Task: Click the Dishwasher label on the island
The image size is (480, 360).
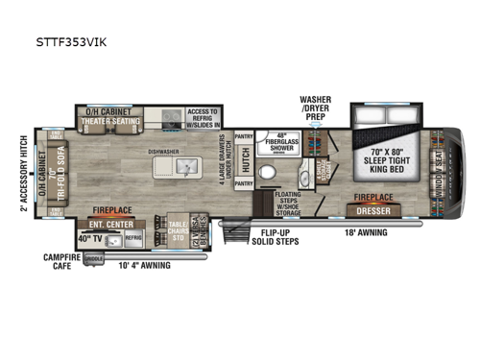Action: pos(165,151)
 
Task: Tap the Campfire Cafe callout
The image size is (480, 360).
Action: pos(60,261)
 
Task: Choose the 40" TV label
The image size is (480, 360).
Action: pos(90,239)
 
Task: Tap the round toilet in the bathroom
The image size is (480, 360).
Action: pos(270,176)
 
